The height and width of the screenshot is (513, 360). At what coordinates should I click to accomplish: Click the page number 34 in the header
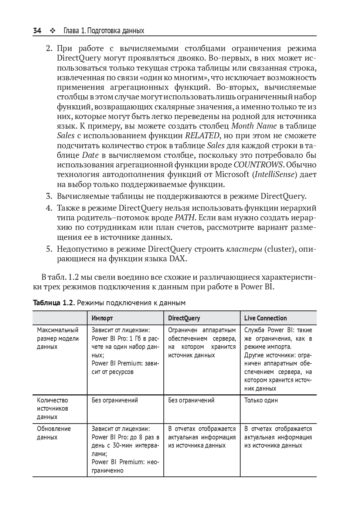37,31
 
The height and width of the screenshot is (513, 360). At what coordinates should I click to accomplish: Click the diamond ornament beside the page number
52,31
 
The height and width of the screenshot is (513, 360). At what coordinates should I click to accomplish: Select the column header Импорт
102,318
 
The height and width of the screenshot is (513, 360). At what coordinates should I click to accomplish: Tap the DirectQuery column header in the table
184,318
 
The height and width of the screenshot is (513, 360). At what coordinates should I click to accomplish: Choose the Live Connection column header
265,318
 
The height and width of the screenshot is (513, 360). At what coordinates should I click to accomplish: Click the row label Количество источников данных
52,408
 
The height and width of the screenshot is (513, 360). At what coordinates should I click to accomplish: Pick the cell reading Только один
261,400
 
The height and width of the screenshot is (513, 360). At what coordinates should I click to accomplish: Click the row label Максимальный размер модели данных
58,338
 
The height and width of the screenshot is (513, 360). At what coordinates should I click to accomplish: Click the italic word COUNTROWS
258,165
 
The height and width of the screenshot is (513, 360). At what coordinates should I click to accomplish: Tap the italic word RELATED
202,136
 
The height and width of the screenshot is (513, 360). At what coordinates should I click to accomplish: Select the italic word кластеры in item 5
244,249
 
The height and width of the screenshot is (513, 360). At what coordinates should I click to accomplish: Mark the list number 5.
49,249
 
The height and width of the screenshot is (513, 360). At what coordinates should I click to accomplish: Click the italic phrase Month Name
254,126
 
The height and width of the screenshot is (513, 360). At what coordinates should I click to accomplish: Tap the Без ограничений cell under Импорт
115,400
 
